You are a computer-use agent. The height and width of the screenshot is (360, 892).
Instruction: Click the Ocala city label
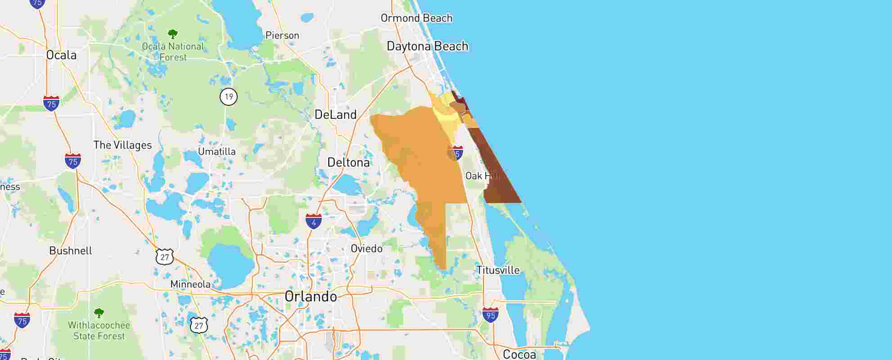(x=62, y=55)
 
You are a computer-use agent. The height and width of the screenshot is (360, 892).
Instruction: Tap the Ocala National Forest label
(x=173, y=52)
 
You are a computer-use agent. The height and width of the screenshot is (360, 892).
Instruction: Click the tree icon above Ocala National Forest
(x=172, y=34)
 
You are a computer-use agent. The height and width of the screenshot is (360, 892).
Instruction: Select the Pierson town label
(x=282, y=36)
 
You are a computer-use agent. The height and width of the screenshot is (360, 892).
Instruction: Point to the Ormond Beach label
(x=416, y=18)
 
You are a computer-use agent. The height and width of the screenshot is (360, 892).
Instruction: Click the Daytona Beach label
(x=427, y=46)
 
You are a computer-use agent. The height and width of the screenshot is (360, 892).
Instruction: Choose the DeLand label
(x=335, y=115)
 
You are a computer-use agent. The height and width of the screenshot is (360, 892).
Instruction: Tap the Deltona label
(x=348, y=162)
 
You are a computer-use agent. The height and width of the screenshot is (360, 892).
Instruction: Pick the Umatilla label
(x=216, y=152)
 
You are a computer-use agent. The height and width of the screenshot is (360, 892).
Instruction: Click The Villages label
(x=122, y=145)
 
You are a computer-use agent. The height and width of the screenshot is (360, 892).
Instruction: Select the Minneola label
(x=190, y=284)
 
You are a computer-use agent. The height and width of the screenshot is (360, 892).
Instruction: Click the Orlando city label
(x=311, y=297)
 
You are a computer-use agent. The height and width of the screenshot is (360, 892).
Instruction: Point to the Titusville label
(x=498, y=270)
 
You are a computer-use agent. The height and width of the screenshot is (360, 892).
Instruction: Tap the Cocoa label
(x=519, y=354)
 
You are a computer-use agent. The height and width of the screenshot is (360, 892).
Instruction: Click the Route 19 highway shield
(x=229, y=97)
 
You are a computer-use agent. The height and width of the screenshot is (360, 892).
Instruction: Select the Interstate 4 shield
(x=314, y=221)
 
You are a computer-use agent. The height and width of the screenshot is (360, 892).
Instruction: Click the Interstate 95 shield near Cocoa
(x=490, y=315)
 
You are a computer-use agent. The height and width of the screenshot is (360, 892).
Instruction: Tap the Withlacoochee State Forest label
(x=99, y=331)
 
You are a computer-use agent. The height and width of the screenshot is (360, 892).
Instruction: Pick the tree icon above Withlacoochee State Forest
(x=99, y=313)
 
